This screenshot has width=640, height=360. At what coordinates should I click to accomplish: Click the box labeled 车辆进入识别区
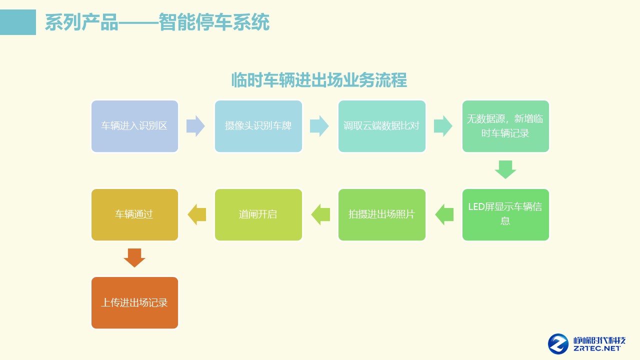coord(134,126)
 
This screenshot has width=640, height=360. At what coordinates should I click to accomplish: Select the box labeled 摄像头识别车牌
coord(258,126)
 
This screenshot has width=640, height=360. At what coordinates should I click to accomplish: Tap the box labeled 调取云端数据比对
coord(382,126)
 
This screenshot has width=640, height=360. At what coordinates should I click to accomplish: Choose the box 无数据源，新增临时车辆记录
coord(505,126)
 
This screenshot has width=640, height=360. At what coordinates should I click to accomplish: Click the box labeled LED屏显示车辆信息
coord(505,214)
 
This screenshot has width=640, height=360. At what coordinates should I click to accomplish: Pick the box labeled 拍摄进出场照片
coord(382,214)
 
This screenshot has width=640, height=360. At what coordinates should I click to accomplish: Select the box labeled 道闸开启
coord(258,214)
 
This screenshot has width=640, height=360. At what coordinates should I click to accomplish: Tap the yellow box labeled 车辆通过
coord(134,214)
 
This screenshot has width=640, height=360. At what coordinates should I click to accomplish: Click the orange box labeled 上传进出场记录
coord(134,303)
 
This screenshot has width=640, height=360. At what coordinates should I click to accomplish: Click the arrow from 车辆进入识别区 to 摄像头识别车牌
coord(195,126)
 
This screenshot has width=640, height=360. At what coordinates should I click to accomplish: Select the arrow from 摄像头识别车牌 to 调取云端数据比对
coord(319,126)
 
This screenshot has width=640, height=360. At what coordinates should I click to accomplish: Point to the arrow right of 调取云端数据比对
coord(443,126)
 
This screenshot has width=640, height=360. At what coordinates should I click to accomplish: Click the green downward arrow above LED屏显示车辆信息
coord(505,169)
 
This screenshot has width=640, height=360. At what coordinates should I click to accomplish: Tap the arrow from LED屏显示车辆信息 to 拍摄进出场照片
coord(444,214)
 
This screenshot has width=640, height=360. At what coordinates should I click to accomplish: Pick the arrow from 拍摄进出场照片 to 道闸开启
coord(320,214)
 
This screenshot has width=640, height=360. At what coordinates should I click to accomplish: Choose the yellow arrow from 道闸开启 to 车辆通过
coord(196,214)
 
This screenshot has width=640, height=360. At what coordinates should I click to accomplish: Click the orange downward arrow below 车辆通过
coord(134,257)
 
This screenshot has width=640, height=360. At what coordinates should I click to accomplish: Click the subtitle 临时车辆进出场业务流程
coord(319,80)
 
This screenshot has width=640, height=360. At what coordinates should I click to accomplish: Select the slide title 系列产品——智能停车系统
coord(157,22)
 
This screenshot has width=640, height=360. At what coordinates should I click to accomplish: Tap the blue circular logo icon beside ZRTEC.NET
coord(558,344)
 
